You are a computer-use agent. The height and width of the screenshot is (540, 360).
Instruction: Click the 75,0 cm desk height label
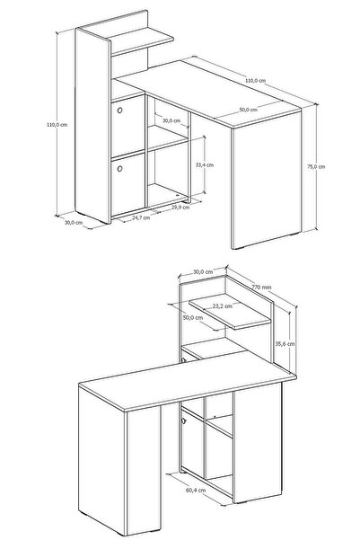coord(316,167)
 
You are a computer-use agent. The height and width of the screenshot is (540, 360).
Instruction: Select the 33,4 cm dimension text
coord(205,165)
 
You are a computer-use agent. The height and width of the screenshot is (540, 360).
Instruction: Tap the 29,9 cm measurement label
coord(180,207)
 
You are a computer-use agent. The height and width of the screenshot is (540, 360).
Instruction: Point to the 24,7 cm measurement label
coord(141,217)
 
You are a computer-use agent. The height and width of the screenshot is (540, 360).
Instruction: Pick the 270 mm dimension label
coord(261,287)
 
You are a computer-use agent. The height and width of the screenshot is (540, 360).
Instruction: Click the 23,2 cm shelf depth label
coord(222,305)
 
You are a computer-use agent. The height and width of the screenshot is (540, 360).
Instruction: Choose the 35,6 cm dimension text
coord(285,343)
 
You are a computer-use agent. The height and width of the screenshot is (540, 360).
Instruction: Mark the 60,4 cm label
coord(196,490)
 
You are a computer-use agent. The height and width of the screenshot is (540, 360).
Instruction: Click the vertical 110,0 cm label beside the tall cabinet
coord(57,125)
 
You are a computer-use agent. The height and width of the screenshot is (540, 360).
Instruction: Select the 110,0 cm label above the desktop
coord(255,81)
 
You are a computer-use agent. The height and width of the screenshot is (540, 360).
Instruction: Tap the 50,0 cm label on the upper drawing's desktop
coord(248,110)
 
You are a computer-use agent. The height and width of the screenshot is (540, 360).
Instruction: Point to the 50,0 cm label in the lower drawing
coord(193,317)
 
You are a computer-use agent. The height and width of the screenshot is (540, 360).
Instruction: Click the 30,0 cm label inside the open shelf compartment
coord(171,120)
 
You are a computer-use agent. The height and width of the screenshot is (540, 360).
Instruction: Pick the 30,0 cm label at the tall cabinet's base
coord(74,223)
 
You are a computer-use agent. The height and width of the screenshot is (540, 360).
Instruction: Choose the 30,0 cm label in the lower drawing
coord(203,271)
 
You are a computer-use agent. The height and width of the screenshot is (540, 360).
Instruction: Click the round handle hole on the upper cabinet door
coord(119,111)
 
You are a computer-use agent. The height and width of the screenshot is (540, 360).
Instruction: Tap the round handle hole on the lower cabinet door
coord(119,169)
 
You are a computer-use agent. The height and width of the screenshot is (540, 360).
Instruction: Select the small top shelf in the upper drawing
coord(142,40)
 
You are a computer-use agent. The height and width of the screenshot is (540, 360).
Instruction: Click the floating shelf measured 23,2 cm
coord(230,311)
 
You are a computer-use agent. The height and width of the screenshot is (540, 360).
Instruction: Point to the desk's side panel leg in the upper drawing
coord(266,178)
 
